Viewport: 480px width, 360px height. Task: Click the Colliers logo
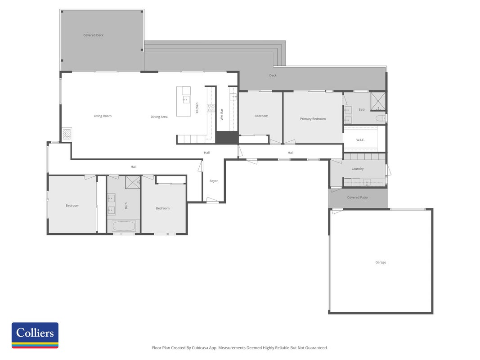[x=35, y=335]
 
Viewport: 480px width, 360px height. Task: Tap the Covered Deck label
[x=94, y=35]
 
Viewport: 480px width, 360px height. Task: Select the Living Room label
[x=103, y=116]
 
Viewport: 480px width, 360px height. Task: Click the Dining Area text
[x=159, y=117]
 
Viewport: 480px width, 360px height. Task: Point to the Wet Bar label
[x=222, y=114]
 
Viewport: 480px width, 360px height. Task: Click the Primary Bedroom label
[x=313, y=119]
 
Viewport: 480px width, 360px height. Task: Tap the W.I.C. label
[x=360, y=140]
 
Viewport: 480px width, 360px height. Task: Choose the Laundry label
[x=358, y=169]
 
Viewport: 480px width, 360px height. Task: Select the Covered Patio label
[x=358, y=198]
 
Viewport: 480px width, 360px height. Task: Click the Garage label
[x=381, y=262]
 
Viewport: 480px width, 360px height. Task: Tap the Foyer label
[x=214, y=181]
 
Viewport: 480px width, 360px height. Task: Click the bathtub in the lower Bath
[x=124, y=226]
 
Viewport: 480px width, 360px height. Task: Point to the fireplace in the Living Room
[x=67, y=134]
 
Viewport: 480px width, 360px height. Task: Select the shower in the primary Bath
[x=378, y=101]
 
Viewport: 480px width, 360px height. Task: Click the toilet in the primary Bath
[x=381, y=118]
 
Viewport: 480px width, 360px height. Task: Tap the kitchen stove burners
[x=211, y=108]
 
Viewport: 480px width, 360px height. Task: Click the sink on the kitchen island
[x=186, y=99]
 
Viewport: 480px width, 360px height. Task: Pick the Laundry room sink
[x=367, y=183]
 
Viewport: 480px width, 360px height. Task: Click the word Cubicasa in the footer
[x=201, y=348]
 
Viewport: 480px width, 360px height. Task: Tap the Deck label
[x=273, y=75]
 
